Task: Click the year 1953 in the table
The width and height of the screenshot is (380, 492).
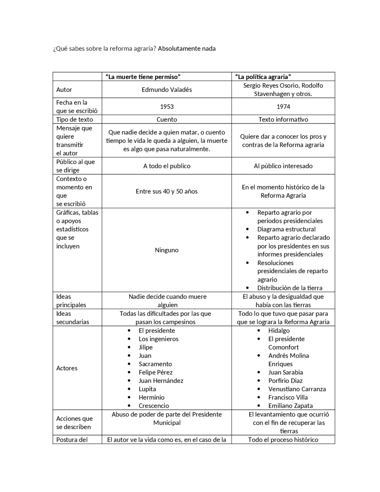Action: pyautogui.click(x=167, y=107)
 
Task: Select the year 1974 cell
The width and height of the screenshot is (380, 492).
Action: pyautogui.click(x=283, y=107)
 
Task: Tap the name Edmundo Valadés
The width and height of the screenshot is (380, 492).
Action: pyautogui.click(x=167, y=90)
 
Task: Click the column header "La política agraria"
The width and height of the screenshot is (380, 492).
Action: pyautogui.click(x=263, y=77)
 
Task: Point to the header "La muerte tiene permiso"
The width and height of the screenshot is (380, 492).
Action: pyautogui.click(x=143, y=77)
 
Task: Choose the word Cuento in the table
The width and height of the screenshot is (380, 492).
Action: pyautogui.click(x=167, y=119)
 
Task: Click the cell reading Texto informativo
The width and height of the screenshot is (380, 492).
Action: pyautogui.click(x=283, y=119)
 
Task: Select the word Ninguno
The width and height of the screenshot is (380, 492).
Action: pyautogui.click(x=167, y=250)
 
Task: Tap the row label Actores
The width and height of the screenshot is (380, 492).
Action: pyautogui.click(x=67, y=368)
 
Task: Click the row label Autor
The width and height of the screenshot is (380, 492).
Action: pyautogui.click(x=64, y=90)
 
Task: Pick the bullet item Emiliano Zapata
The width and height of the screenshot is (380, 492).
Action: pyautogui.click(x=290, y=406)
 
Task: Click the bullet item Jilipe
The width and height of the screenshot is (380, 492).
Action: pyautogui.click(x=145, y=347)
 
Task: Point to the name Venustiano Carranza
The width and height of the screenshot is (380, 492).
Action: pyautogui.click(x=297, y=389)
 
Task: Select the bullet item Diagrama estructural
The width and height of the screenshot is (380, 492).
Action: pyautogui.click(x=286, y=229)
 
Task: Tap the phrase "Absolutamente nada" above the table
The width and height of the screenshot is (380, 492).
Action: pyautogui.click(x=187, y=48)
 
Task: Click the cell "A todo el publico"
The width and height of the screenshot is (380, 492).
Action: pyautogui.click(x=167, y=166)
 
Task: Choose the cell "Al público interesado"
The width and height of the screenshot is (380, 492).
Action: pyautogui.click(x=283, y=166)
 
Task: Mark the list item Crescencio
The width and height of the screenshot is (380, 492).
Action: pyautogui.click(x=153, y=406)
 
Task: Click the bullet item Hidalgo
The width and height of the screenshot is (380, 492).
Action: pyautogui.click(x=279, y=331)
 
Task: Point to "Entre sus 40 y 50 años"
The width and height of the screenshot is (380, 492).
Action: pyautogui.click(x=167, y=192)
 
